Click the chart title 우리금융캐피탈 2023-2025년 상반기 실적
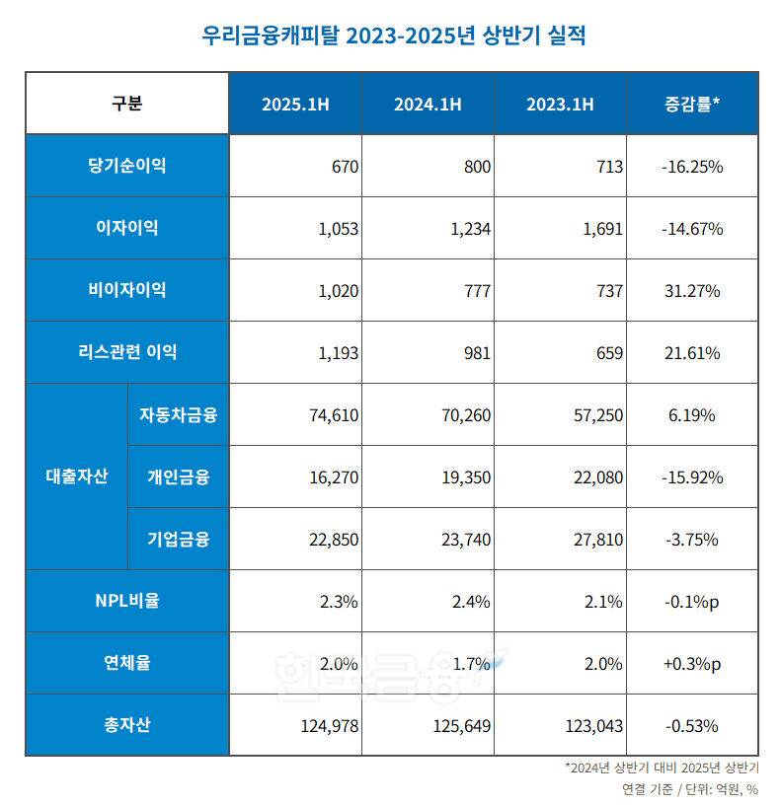point(393,37)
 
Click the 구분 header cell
point(126,104)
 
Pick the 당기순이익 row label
point(126,166)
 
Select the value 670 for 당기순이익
point(345,167)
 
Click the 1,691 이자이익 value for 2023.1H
point(603,229)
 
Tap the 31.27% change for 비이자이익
point(692,291)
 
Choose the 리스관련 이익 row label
point(126,352)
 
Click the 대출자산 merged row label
point(77,476)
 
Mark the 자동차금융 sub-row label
point(178,414)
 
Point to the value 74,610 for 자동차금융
point(334,415)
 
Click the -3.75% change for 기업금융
point(692,540)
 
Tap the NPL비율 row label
point(126,601)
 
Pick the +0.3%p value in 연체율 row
point(692,664)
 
